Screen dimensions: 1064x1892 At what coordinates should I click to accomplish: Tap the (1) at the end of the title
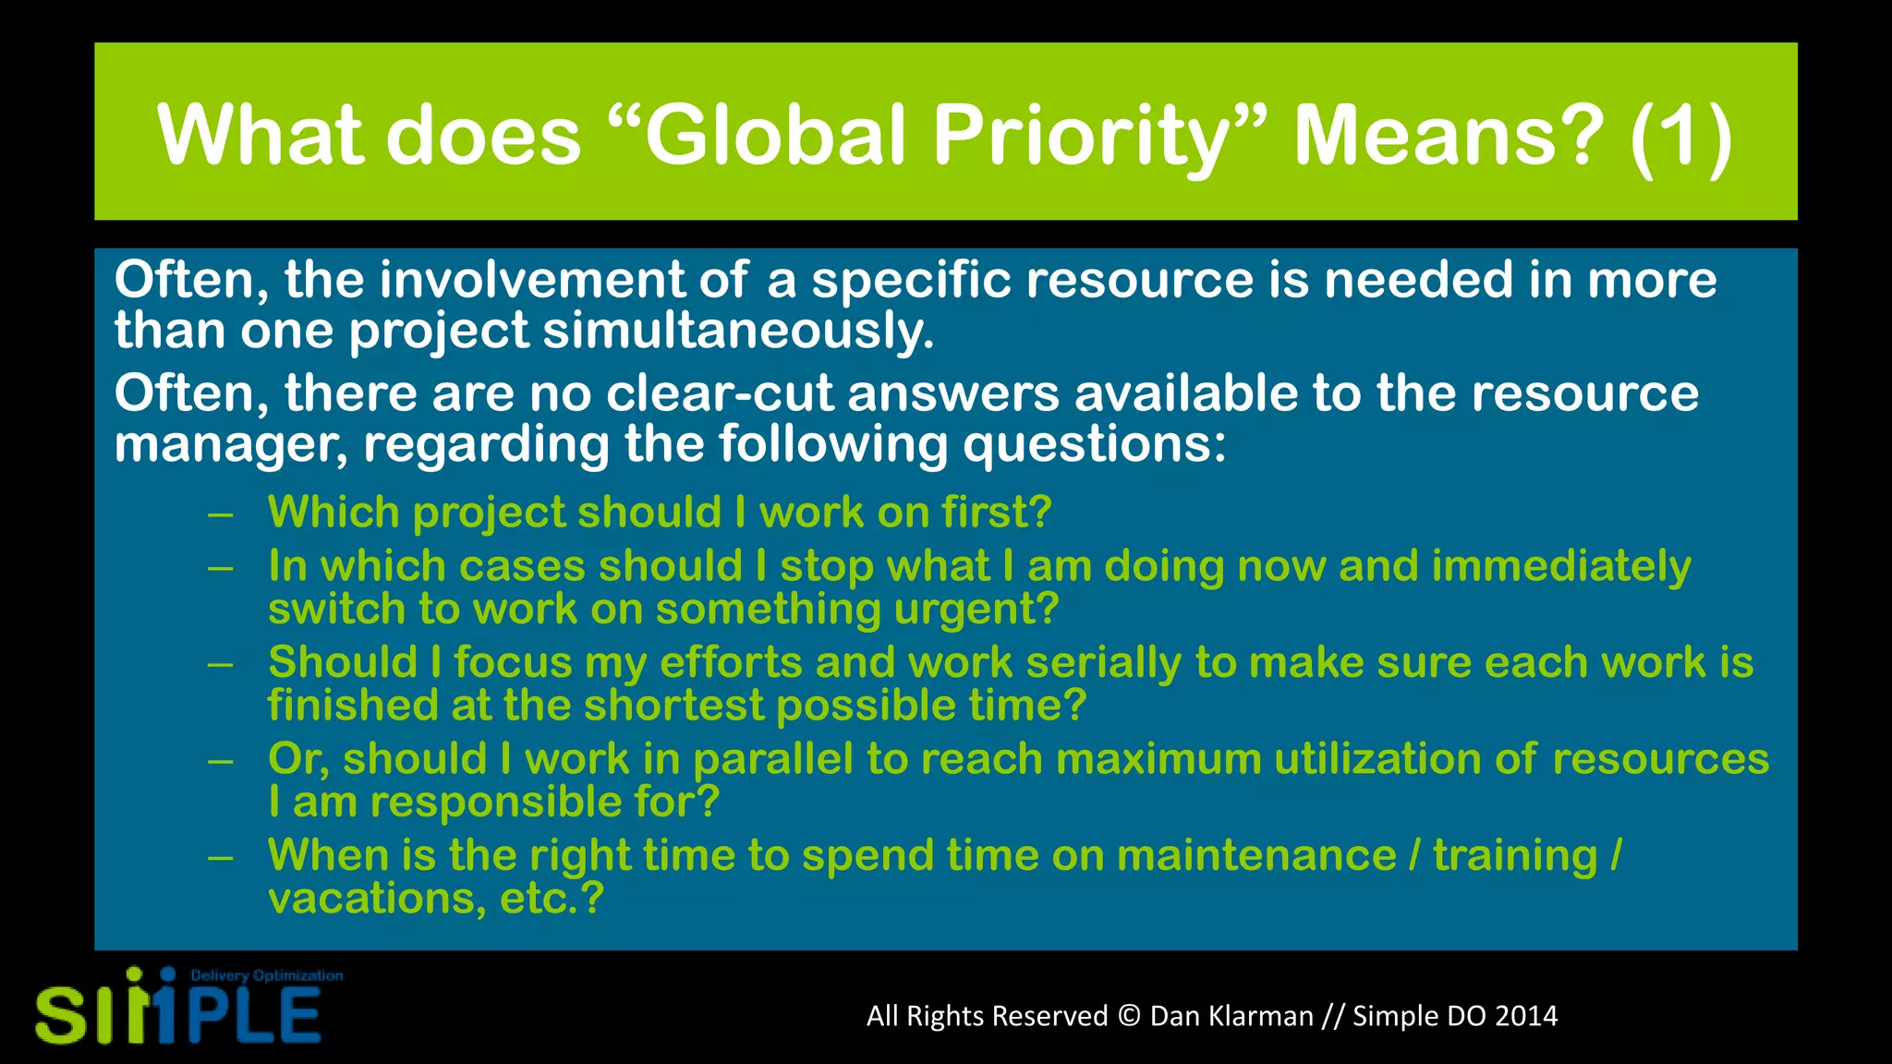[1680, 136]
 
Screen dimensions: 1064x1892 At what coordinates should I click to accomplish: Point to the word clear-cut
[720, 393]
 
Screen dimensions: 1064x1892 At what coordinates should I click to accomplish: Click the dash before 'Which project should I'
[220, 514]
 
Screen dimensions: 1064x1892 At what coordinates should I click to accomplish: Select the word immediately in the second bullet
[1560, 566]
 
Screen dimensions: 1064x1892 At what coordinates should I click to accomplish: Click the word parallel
[772, 759]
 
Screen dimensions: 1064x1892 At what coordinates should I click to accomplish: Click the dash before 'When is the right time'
[220, 858]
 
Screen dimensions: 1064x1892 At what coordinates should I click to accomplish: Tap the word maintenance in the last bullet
[1255, 855]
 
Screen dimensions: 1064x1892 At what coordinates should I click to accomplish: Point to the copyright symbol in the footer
[1128, 1016]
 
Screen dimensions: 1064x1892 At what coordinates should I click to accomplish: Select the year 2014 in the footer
[1525, 1016]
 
